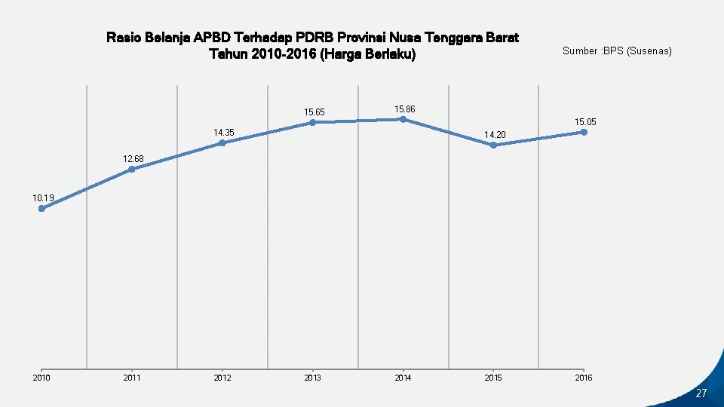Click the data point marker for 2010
pos(41,209)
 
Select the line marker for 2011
pos(131,170)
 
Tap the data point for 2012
pos(222,143)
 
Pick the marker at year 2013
pos(312,122)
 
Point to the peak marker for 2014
pos(403,119)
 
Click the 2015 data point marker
pos(493,145)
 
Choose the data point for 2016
pos(584,132)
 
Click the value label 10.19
pos(43,198)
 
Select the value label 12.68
pos(133,159)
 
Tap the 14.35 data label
pos(224,133)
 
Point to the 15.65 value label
pos(314,112)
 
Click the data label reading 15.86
pos(405,109)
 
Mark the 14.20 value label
pos(495,135)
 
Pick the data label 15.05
pos(586,121)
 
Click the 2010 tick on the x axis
pos(41,378)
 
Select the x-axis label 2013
pos(312,378)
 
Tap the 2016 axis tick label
pos(584,378)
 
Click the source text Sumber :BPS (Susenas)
pos(617,51)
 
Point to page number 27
pos(701,393)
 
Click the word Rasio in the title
pos(123,37)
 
